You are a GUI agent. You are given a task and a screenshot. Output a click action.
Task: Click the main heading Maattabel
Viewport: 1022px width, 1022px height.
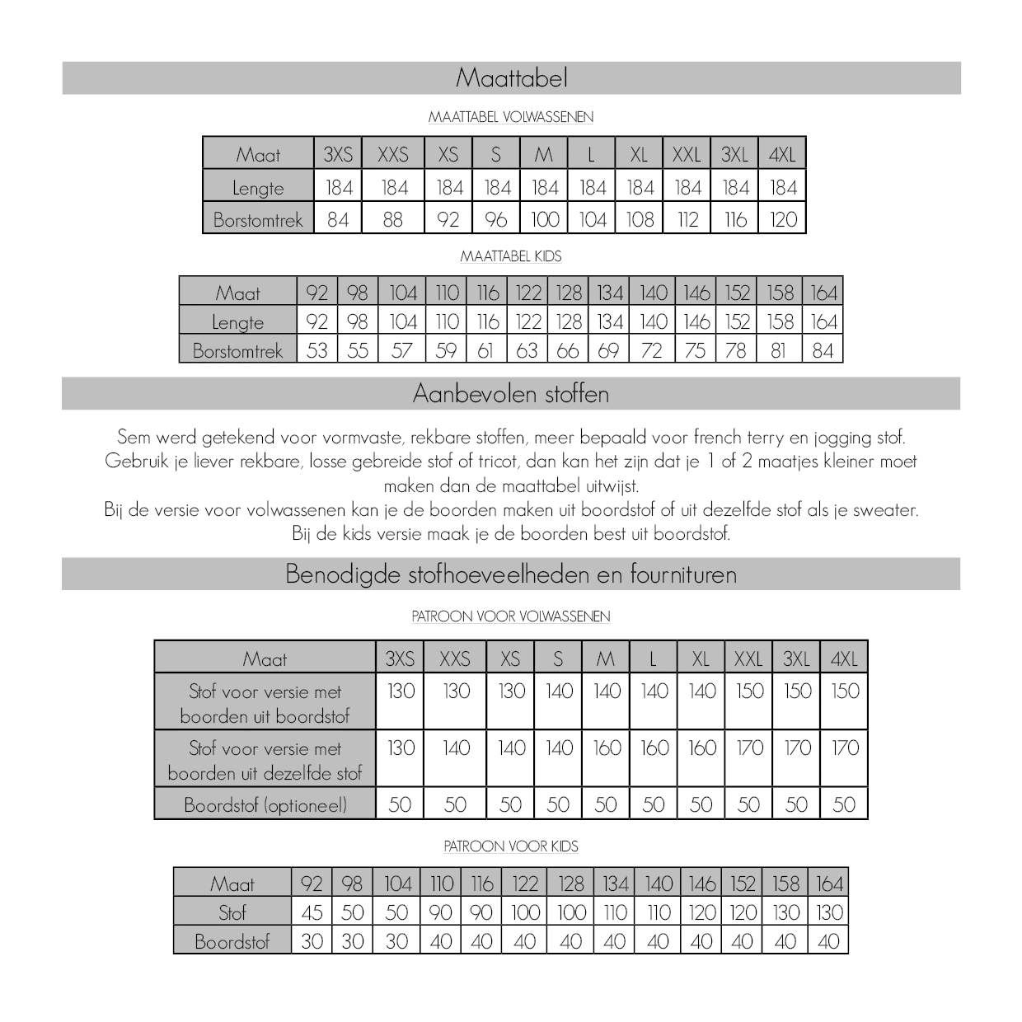pyautogui.click(x=511, y=78)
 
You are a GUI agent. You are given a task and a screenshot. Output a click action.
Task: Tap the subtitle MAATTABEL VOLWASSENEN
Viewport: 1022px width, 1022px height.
pyautogui.click(x=511, y=117)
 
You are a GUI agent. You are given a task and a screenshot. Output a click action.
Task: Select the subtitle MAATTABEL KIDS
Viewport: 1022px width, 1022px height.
pyautogui.click(x=511, y=256)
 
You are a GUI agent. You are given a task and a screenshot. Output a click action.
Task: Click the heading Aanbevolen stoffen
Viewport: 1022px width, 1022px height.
pyautogui.click(x=511, y=394)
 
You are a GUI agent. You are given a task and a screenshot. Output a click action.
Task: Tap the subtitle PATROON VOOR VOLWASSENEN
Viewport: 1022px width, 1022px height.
pyautogui.click(x=511, y=616)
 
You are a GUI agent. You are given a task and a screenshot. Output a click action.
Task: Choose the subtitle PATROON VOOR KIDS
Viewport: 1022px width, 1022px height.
pyautogui.click(x=511, y=846)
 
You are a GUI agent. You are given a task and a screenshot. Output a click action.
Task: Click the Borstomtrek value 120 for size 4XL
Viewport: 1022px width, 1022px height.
pyautogui.click(x=783, y=219)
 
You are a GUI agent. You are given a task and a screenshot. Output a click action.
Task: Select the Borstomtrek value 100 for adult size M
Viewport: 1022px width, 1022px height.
pyautogui.click(x=545, y=219)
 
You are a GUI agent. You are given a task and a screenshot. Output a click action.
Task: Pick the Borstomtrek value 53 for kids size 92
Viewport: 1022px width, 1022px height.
pyautogui.click(x=317, y=350)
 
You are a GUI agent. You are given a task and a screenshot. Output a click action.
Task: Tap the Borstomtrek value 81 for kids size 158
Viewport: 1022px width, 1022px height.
pyautogui.click(x=779, y=350)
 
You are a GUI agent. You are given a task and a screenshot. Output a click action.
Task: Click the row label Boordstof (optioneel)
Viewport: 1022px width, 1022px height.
pyautogui.click(x=265, y=804)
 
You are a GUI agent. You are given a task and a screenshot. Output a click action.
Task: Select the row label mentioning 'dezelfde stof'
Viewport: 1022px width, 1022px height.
pyautogui.click(x=265, y=760)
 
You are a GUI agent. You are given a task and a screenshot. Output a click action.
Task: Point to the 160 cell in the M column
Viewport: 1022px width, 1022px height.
pyautogui.click(x=607, y=748)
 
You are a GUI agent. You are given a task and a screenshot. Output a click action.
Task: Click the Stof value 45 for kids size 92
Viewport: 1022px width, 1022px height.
pyautogui.click(x=312, y=912)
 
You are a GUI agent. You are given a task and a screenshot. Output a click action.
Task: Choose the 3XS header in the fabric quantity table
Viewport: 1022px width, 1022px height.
pyautogui.click(x=401, y=659)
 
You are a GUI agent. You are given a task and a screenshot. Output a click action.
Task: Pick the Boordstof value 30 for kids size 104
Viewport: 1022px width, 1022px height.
pyautogui.click(x=396, y=941)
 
